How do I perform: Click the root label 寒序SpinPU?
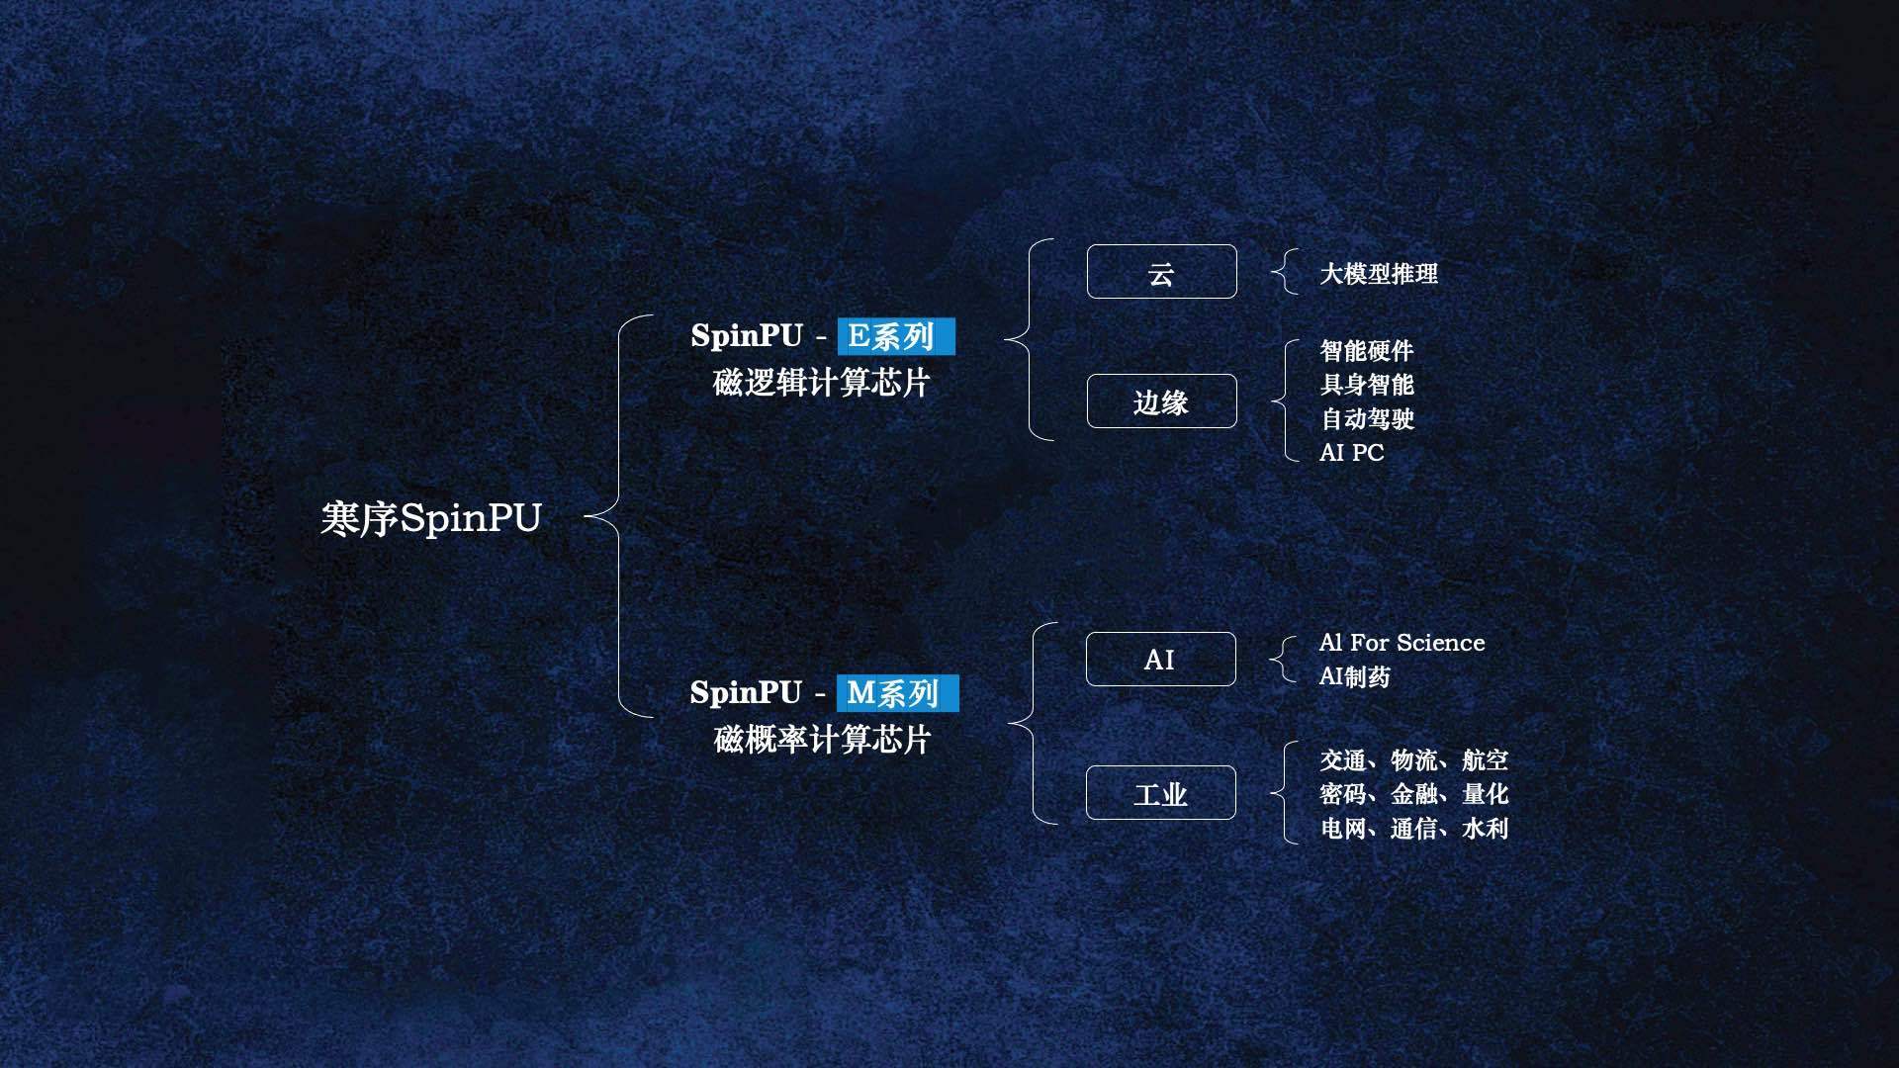pos(431,518)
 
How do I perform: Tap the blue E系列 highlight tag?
pos(896,336)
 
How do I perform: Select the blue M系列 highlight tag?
pos(898,692)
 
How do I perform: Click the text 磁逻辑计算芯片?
pos(822,383)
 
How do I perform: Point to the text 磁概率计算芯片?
pos(822,739)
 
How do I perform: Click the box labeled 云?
pos(1161,271)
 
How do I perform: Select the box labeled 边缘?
pos(1161,400)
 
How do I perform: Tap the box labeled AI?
pos(1160,659)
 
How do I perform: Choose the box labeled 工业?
pos(1160,792)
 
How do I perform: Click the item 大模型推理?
pos(1379,273)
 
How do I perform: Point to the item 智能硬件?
pos(1367,350)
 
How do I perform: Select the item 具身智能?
pos(1367,384)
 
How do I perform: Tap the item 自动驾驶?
pos(1367,418)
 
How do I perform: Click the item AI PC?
pos(1352,452)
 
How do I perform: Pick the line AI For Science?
pos(1402,643)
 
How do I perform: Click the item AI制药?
pos(1355,676)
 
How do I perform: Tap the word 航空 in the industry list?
pos(1486,759)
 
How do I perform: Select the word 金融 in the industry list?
pos(1414,793)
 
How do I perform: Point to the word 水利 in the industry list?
pos(1486,828)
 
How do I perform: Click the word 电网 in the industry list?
pos(1343,828)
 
